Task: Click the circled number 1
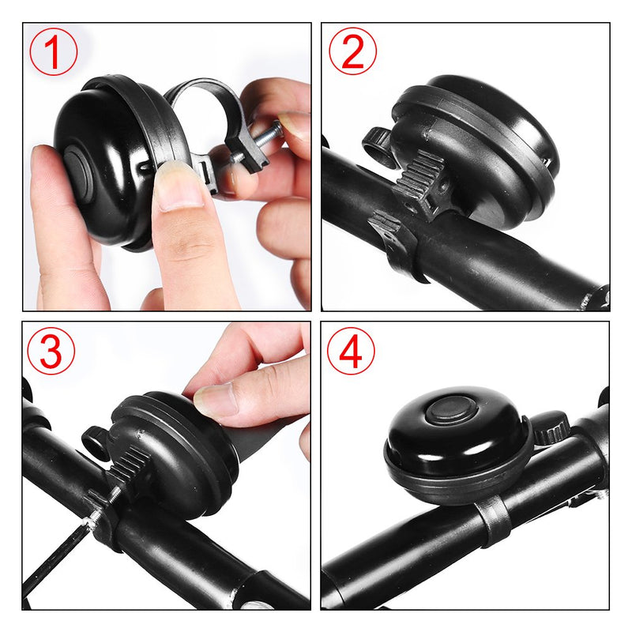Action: pos(54,51)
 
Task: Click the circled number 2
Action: pos(352,51)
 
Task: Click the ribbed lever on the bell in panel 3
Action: pos(126,470)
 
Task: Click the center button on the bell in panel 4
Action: pos(447,411)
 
